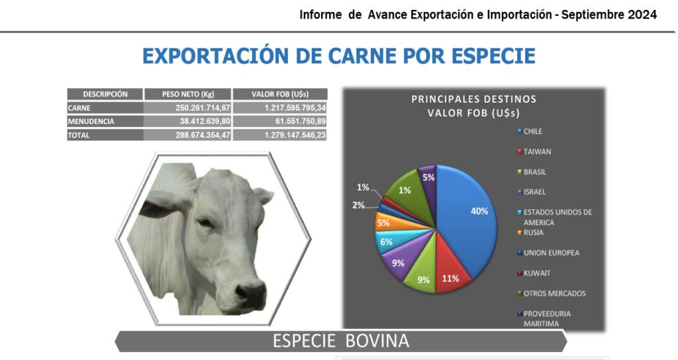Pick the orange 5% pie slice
pos(387,221)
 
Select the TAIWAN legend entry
pos(534,152)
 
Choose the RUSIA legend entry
pos(530,232)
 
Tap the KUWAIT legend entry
pos(534,273)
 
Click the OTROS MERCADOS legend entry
pos(552,293)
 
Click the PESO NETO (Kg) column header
pos(188,94)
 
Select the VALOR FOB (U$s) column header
pos(280,94)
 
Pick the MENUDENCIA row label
pos(91,122)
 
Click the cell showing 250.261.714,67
pos(203,108)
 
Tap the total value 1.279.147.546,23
pos(295,135)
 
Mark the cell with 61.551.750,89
pos(301,122)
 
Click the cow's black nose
pos(252,295)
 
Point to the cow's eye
pos(205,223)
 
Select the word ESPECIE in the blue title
pos(493,56)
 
